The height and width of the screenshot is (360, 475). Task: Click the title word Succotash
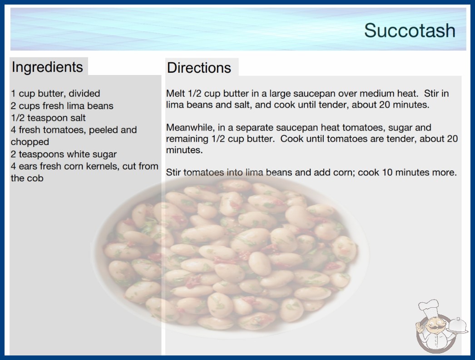[x=410, y=30]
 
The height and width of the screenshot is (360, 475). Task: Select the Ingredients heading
[x=47, y=67]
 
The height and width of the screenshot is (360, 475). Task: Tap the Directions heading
[x=199, y=68]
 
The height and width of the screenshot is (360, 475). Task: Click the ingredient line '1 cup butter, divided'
[x=55, y=94]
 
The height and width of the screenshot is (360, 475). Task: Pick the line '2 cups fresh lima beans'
[x=62, y=106]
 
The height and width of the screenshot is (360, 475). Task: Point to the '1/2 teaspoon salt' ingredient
[x=48, y=118]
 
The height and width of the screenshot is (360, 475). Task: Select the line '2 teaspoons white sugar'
[x=64, y=154]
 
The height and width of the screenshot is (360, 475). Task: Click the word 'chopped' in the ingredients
[x=30, y=142]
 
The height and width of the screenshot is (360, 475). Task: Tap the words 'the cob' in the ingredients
[x=27, y=178]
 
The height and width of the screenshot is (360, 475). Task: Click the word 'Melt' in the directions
[x=175, y=94]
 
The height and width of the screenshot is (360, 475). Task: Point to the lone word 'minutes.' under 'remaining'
[x=184, y=150]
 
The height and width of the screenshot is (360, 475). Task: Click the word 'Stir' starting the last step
[x=173, y=172]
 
